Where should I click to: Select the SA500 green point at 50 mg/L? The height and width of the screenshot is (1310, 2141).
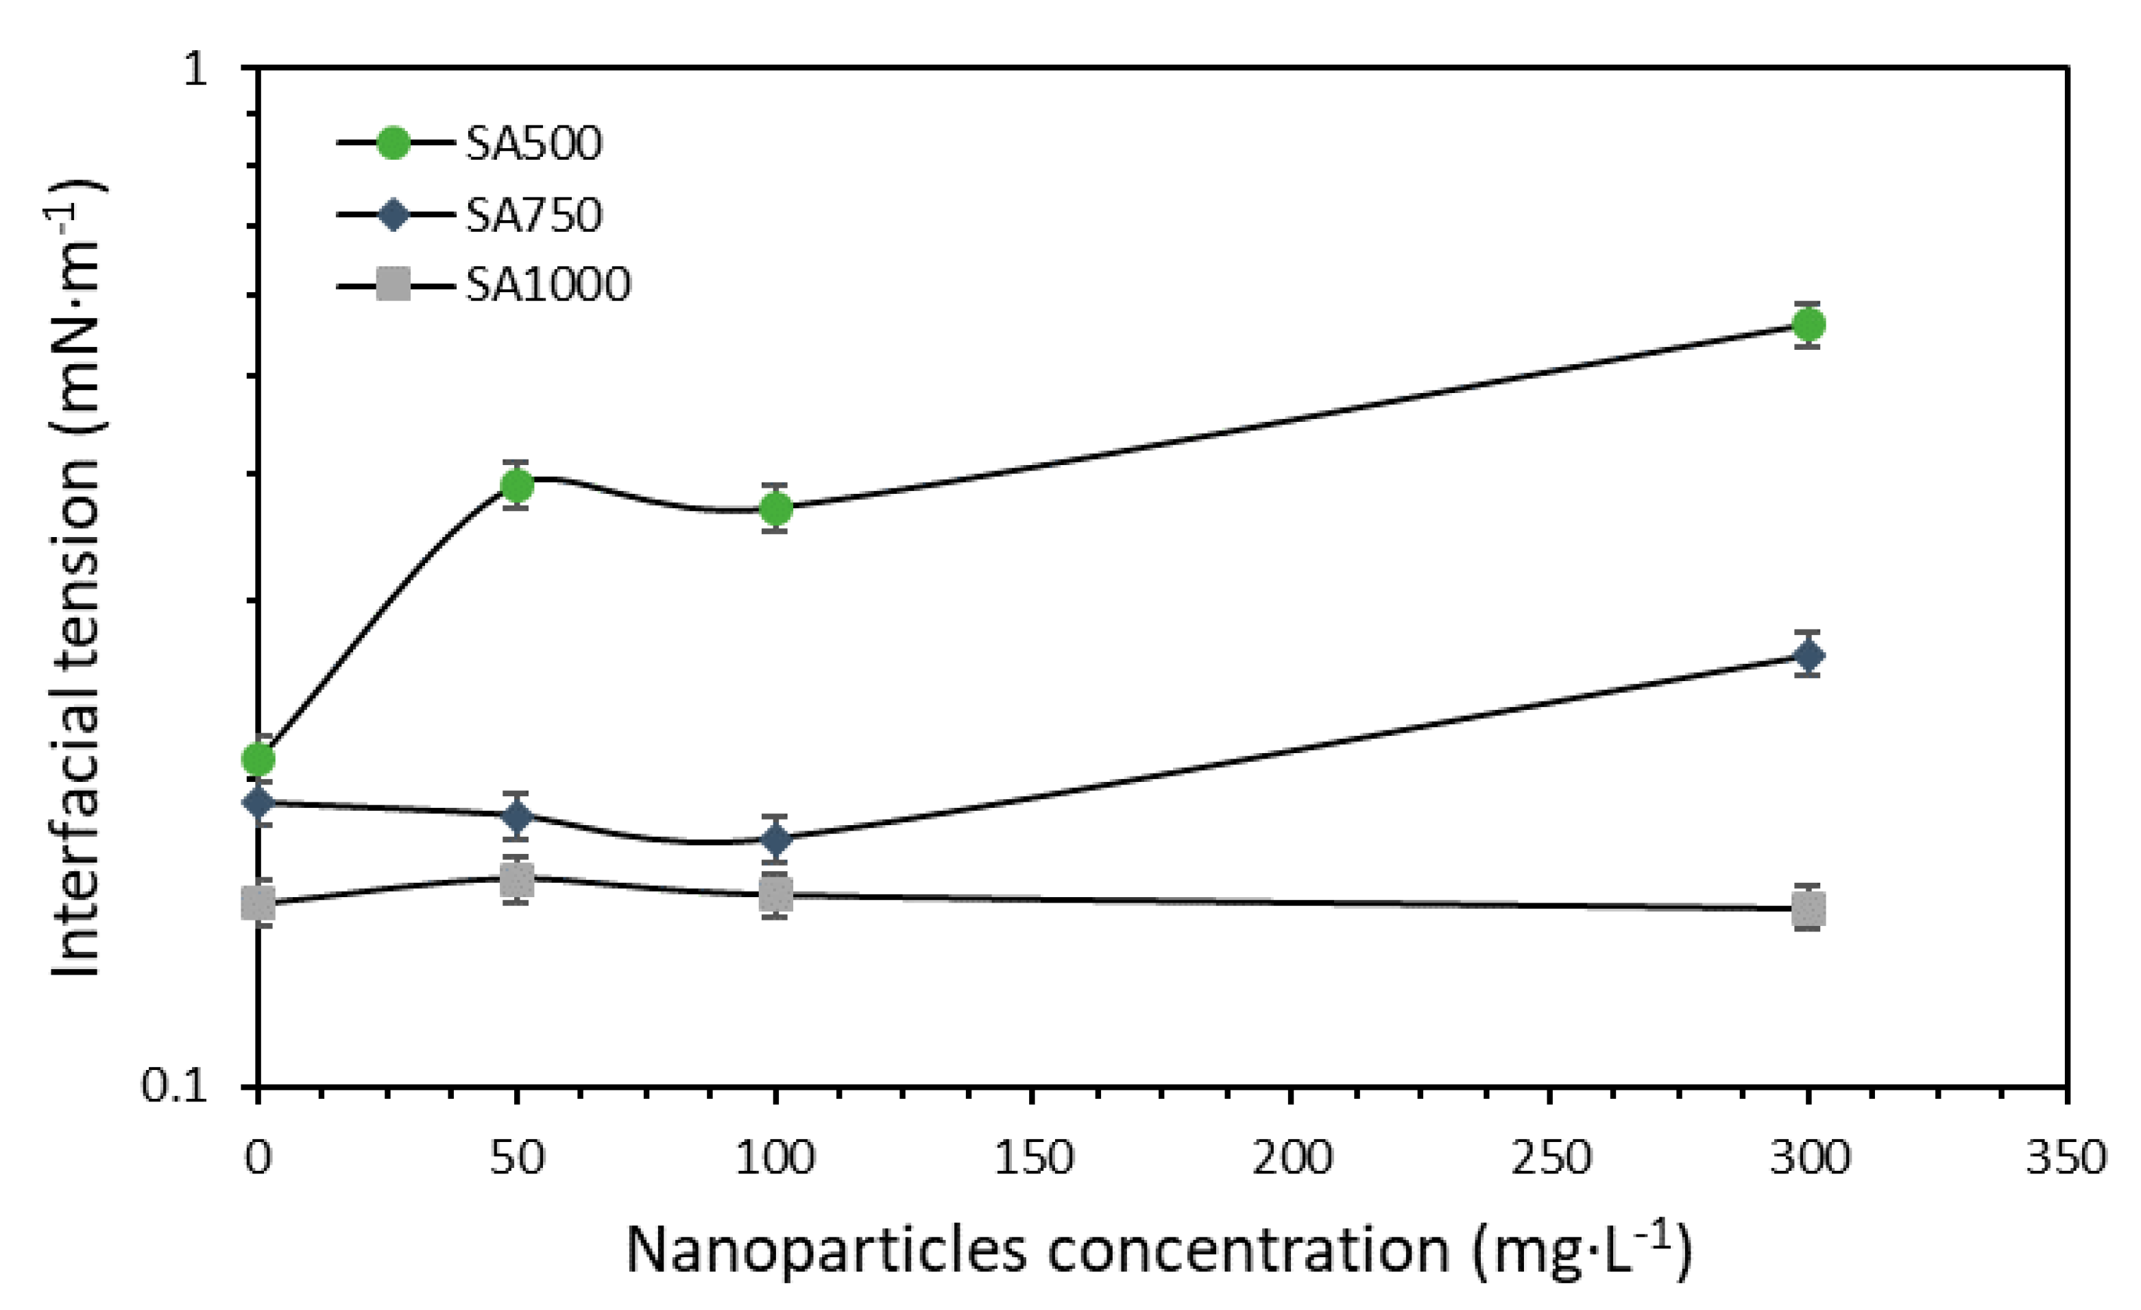pyautogui.click(x=517, y=485)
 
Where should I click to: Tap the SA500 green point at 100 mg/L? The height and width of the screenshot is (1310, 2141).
pyautogui.click(x=776, y=508)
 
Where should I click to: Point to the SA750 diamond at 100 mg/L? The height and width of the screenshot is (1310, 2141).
pyautogui.click(x=776, y=839)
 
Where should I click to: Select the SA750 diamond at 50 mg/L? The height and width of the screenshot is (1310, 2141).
pyautogui.click(x=517, y=815)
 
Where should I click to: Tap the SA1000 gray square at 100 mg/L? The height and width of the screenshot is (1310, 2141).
pyautogui.click(x=776, y=894)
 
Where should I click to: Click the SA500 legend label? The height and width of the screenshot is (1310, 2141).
pyautogui.click(x=533, y=143)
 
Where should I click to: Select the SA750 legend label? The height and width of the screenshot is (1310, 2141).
pyautogui.click(x=533, y=215)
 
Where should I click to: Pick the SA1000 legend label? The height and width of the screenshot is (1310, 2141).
pyautogui.click(x=547, y=284)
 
